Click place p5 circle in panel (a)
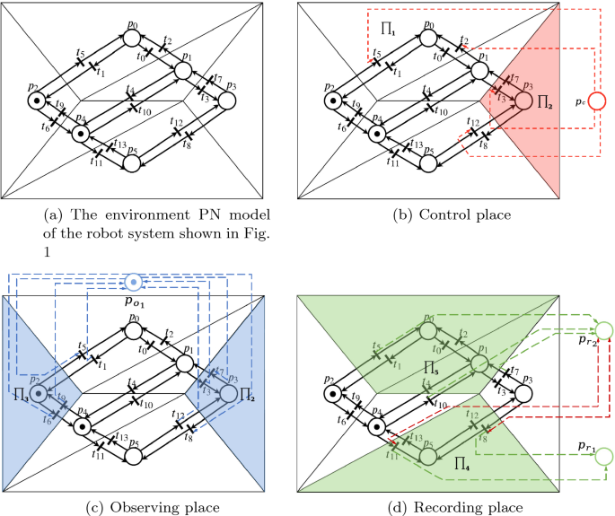tap(133, 162)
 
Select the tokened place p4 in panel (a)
tap(80, 134)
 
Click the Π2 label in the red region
tap(545, 105)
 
